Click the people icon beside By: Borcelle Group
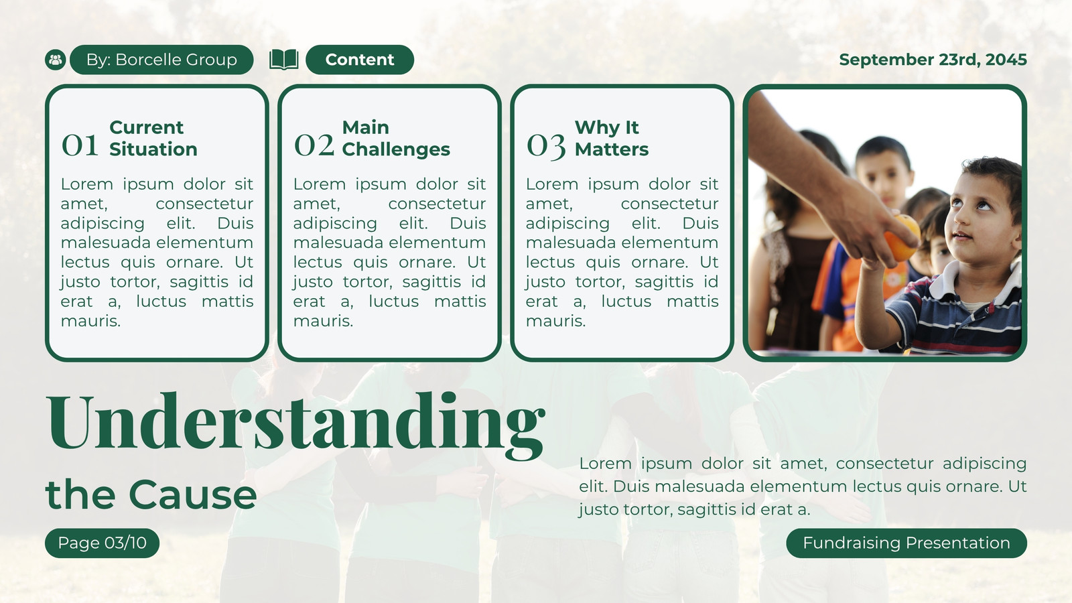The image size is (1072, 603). click(x=56, y=60)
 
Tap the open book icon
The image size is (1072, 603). click(x=284, y=60)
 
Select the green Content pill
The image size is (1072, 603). click(x=360, y=60)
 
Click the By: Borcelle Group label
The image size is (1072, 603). click(x=161, y=60)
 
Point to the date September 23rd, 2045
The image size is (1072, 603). click(x=933, y=60)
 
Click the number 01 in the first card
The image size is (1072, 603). click(x=80, y=145)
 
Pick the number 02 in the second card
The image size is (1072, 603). click(x=314, y=145)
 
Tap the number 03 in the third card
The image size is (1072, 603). click(x=546, y=146)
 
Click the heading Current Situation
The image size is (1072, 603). click(x=153, y=138)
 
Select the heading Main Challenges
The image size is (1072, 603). click(x=396, y=138)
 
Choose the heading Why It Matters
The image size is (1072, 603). click(x=612, y=138)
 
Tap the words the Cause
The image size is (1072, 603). click(x=151, y=494)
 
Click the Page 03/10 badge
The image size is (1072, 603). click(x=102, y=543)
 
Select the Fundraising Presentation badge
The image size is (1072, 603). click(x=907, y=543)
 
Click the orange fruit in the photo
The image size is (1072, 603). click(x=902, y=238)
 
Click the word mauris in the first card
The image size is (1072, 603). click(x=90, y=321)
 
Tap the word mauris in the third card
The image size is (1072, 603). click(x=555, y=321)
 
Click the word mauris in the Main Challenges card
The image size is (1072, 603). click(x=323, y=321)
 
